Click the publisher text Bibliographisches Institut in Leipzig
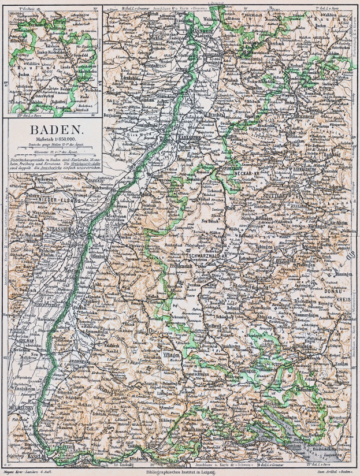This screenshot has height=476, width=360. [180, 472]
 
